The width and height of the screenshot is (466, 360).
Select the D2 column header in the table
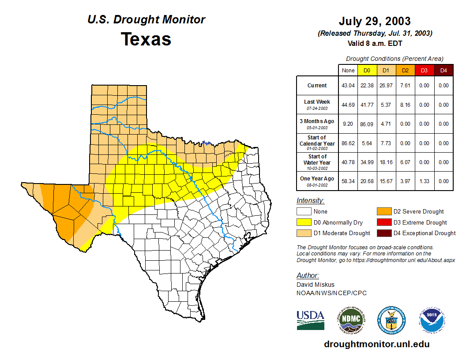[x=405, y=70]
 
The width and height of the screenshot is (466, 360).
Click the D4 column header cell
[x=443, y=70]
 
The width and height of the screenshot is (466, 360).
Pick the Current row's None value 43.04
[x=348, y=86]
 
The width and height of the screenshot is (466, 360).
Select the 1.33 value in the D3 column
[x=424, y=181]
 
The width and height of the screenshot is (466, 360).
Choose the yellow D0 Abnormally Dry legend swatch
[x=304, y=222]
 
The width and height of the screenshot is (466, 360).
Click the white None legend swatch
[x=304, y=212]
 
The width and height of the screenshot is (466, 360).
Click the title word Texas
[x=146, y=39]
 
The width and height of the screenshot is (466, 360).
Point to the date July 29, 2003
[x=375, y=21]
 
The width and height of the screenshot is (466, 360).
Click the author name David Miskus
[x=316, y=285]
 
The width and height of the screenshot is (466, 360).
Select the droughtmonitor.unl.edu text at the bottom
[x=376, y=344]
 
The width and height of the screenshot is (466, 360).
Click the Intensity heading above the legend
[x=310, y=201]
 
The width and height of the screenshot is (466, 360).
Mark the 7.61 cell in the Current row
[x=405, y=86]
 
